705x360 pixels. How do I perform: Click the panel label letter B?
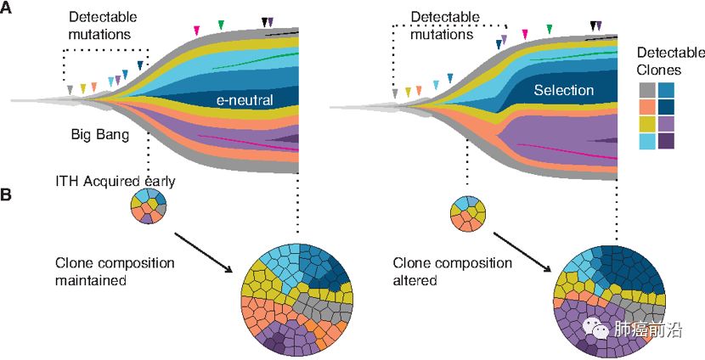(x=7, y=194)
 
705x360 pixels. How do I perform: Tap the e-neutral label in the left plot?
(x=245, y=100)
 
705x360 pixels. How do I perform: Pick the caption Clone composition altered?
(x=453, y=270)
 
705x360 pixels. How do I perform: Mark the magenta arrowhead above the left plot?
(x=197, y=31)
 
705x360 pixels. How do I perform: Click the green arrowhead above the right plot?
(x=550, y=30)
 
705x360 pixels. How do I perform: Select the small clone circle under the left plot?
(x=149, y=205)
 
